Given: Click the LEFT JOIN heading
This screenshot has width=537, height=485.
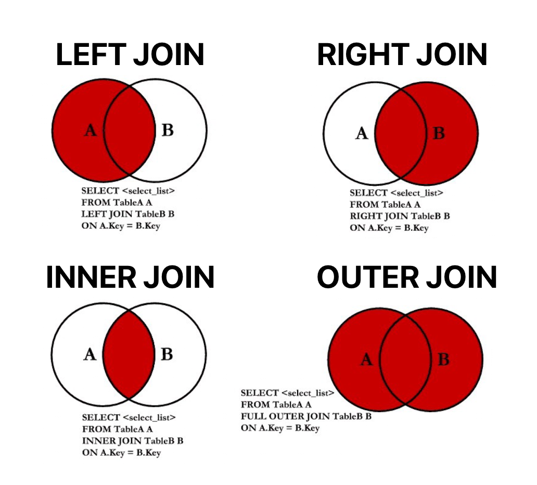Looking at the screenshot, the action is tap(130, 55).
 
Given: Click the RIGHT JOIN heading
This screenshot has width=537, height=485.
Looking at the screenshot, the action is tap(402, 55).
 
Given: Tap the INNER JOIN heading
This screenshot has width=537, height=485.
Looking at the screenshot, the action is tap(130, 277).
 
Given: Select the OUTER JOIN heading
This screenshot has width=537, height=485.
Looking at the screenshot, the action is tap(406, 277).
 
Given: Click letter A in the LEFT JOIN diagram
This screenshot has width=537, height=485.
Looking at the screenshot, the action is tap(91, 130).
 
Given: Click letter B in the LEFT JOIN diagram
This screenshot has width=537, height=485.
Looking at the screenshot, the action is tap(167, 130).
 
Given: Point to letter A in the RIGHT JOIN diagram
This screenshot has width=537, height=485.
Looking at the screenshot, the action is tap(362, 133).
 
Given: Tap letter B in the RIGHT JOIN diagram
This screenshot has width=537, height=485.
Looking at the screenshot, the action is tap(439, 133).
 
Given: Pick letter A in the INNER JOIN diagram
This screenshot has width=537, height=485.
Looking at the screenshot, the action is tap(90, 355).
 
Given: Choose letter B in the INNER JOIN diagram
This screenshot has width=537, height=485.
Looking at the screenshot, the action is tap(167, 355).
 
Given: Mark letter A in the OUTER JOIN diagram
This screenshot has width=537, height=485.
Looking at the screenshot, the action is tap(366, 359).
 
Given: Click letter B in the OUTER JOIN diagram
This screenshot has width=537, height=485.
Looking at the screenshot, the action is tap(443, 359).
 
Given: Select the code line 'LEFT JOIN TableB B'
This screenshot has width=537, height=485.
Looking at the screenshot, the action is tap(127, 214).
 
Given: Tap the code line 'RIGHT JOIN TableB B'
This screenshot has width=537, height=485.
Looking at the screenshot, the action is tap(400, 216).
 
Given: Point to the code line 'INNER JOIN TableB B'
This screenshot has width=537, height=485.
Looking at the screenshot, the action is tap(133, 441).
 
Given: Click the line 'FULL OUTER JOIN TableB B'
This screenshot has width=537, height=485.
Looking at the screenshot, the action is tap(306, 416).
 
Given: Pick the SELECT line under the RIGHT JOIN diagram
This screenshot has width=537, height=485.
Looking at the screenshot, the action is tap(397, 193).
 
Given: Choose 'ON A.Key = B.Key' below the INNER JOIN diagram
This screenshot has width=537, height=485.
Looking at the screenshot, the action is tap(121, 452).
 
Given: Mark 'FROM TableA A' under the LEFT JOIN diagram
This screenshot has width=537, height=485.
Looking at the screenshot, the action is tap(117, 202).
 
